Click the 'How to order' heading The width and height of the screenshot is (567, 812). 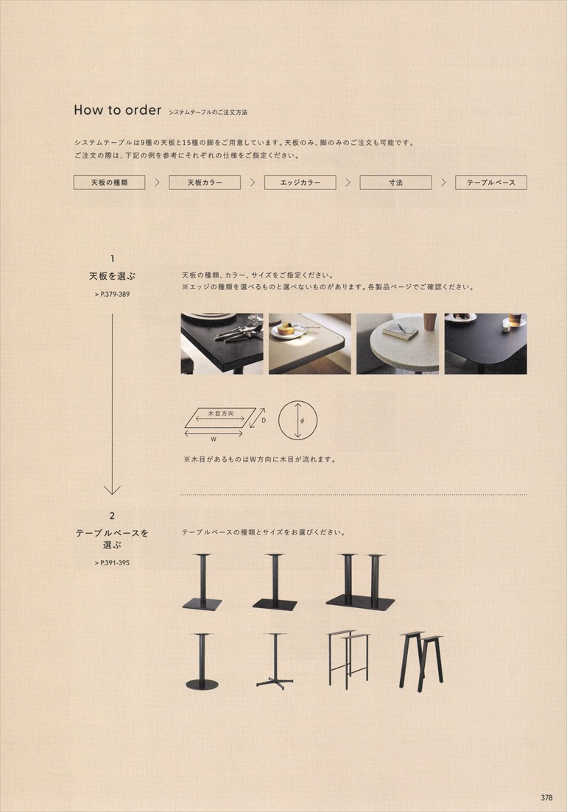pyautogui.click(x=118, y=110)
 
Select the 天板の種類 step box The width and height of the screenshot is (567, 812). pyautogui.click(x=109, y=183)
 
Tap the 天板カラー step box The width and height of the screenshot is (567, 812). pyautogui.click(x=205, y=183)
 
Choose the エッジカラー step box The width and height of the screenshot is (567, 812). pyautogui.click(x=300, y=183)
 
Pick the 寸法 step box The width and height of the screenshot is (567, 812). pyautogui.click(x=395, y=183)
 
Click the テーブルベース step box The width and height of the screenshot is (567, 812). pyautogui.click(x=491, y=183)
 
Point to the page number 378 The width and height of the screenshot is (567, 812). pyautogui.click(x=546, y=797)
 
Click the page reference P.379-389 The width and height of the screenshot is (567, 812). pyautogui.click(x=113, y=294)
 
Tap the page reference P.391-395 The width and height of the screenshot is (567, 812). pyautogui.click(x=113, y=563)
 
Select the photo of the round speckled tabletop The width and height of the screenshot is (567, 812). pyautogui.click(x=397, y=343)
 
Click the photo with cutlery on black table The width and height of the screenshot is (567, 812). pyautogui.click(x=222, y=343)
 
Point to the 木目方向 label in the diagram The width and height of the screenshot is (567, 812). pyautogui.click(x=221, y=413)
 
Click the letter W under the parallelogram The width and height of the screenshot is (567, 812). pyautogui.click(x=214, y=439)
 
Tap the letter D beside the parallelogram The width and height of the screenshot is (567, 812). pyautogui.click(x=264, y=420)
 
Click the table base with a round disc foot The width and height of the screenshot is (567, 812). pyautogui.click(x=202, y=662)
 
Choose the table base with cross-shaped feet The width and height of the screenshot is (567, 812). pyautogui.click(x=275, y=661)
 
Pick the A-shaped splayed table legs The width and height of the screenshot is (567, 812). pyautogui.click(x=421, y=661)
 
